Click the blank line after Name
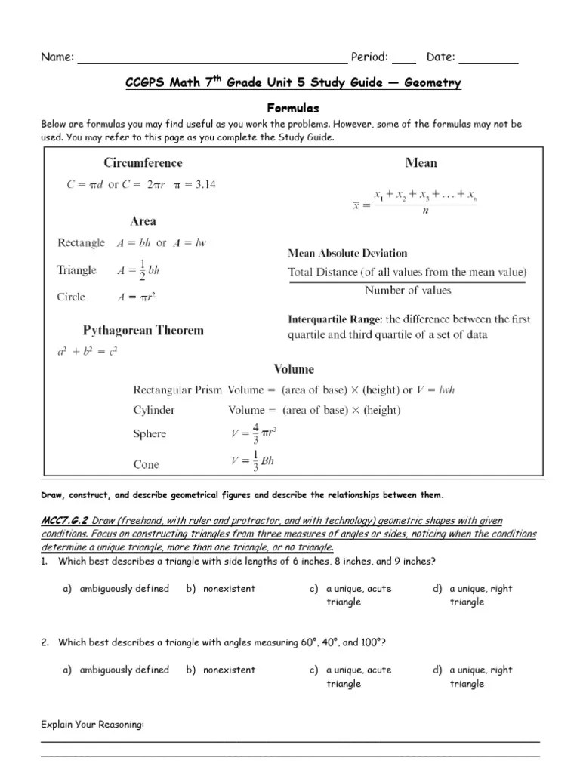click(x=211, y=58)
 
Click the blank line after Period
click(x=404, y=58)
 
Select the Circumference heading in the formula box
click(x=143, y=162)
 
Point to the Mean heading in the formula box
click(x=421, y=162)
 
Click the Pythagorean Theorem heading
click(x=143, y=331)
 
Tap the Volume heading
click(x=294, y=369)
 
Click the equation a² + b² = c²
click(x=88, y=351)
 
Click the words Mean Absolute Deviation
click(x=347, y=253)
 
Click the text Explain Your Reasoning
click(x=92, y=725)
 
